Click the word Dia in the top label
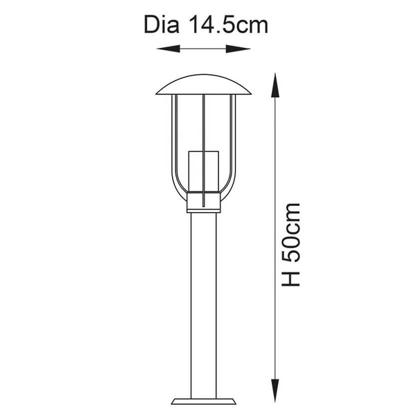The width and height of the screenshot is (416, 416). point(162,25)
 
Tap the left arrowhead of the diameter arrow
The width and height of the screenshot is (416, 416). point(168,49)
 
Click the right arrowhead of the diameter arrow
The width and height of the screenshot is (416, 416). point(238,49)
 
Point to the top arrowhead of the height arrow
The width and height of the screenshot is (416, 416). point(275,85)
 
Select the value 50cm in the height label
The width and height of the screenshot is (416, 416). point(291,233)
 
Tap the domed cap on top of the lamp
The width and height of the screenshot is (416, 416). point(203,85)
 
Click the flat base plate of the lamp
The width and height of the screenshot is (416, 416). point(203,401)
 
